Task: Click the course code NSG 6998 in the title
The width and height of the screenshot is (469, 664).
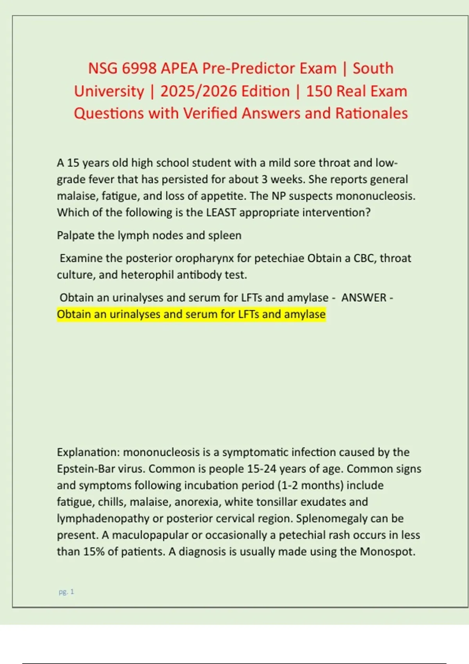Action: pyautogui.click(x=123, y=68)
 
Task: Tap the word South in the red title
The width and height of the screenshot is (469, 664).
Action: pyautogui.click(x=373, y=68)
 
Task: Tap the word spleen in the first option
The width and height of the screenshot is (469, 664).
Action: pyautogui.click(x=225, y=236)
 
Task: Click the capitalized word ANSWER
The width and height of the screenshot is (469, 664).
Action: pyautogui.click(x=363, y=298)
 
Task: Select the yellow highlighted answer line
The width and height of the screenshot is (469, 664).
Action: pyautogui.click(x=191, y=314)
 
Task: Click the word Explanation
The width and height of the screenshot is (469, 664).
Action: pyautogui.click(x=88, y=452)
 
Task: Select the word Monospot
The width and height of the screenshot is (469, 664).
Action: pyautogui.click(x=387, y=552)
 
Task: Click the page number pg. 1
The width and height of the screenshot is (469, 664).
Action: pyautogui.click(x=66, y=592)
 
